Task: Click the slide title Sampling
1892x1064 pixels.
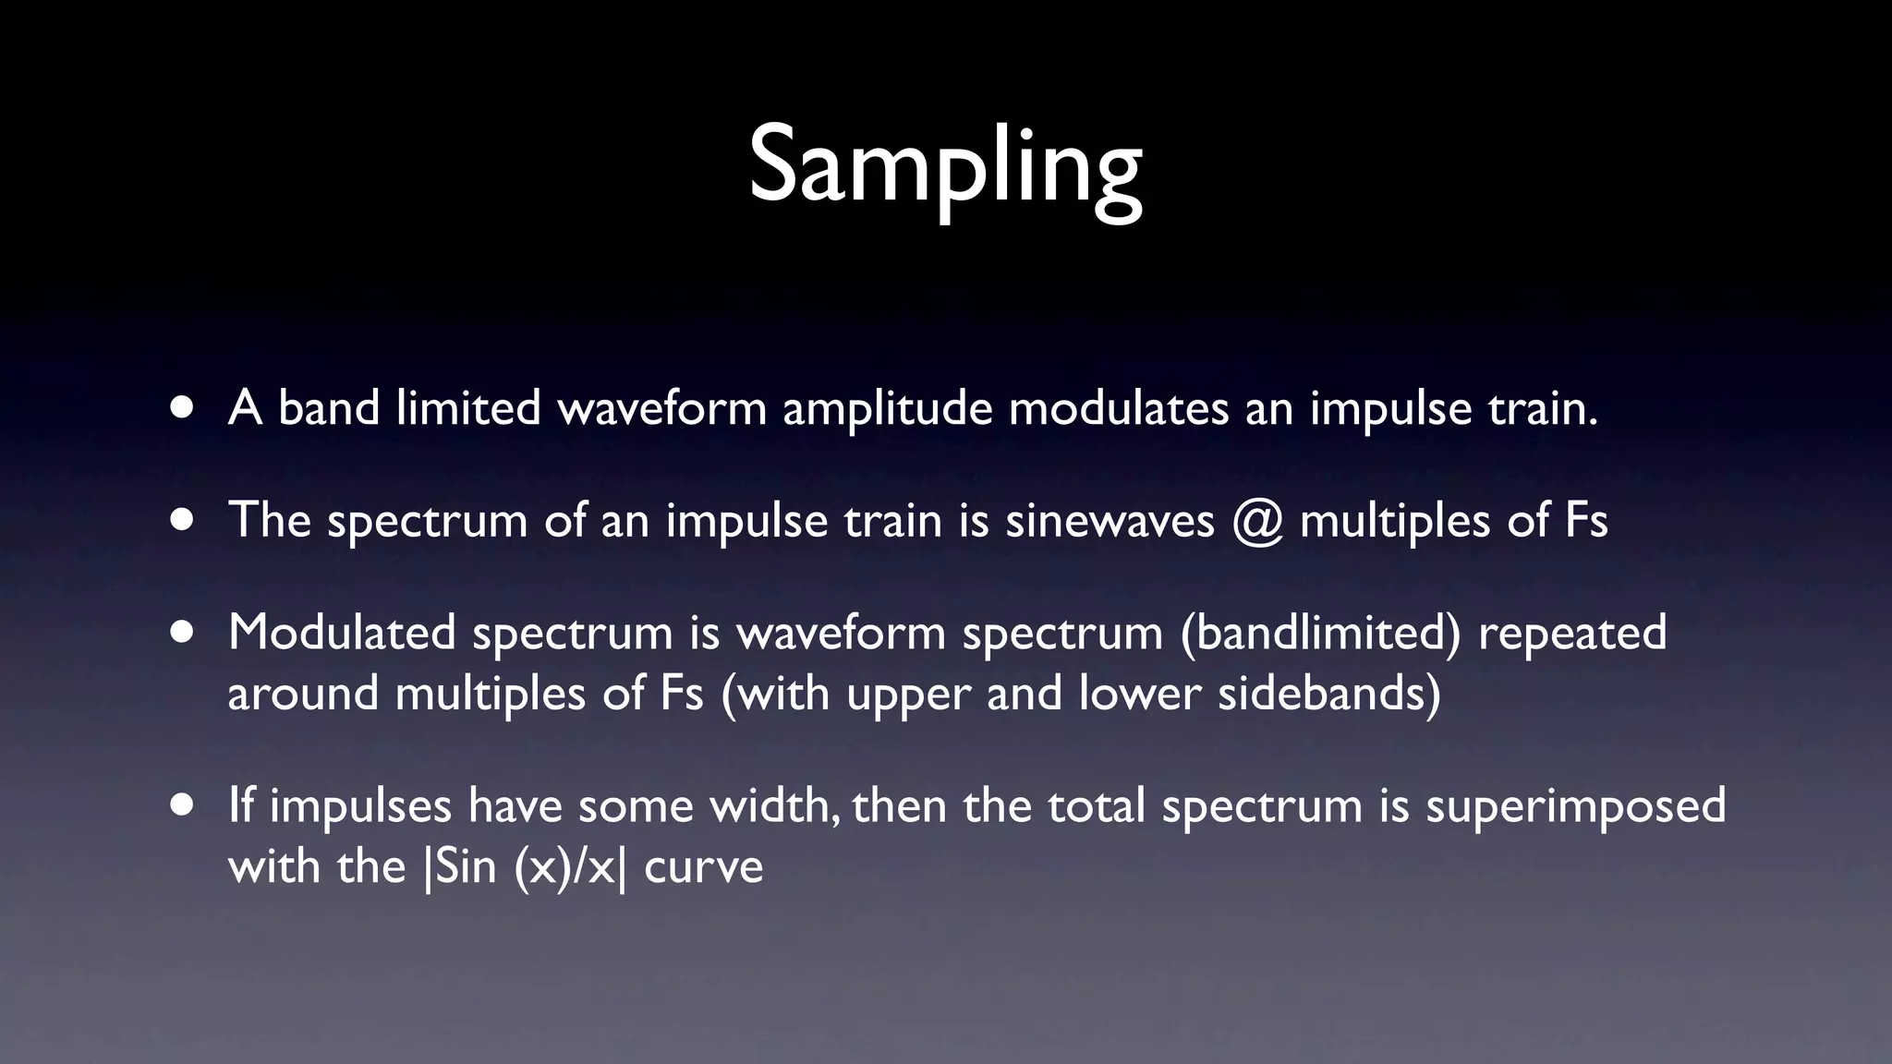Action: (x=945, y=166)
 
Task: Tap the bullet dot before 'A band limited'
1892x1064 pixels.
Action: (x=182, y=407)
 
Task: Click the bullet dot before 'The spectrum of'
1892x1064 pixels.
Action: (x=182, y=520)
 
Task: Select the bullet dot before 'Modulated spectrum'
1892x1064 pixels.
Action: (x=182, y=633)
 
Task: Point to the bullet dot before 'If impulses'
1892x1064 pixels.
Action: (x=182, y=805)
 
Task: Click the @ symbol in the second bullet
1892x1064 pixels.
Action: (x=1257, y=520)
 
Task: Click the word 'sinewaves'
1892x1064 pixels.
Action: (x=1110, y=520)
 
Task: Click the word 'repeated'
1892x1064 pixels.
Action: (x=1572, y=634)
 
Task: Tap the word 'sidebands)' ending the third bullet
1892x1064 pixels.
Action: (x=1328, y=693)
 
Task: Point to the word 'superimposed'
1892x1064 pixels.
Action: (x=1575, y=806)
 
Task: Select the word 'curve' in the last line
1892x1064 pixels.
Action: (x=703, y=867)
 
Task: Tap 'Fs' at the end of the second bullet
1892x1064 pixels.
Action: (x=1586, y=520)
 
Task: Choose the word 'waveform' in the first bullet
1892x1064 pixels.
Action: (x=662, y=408)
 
